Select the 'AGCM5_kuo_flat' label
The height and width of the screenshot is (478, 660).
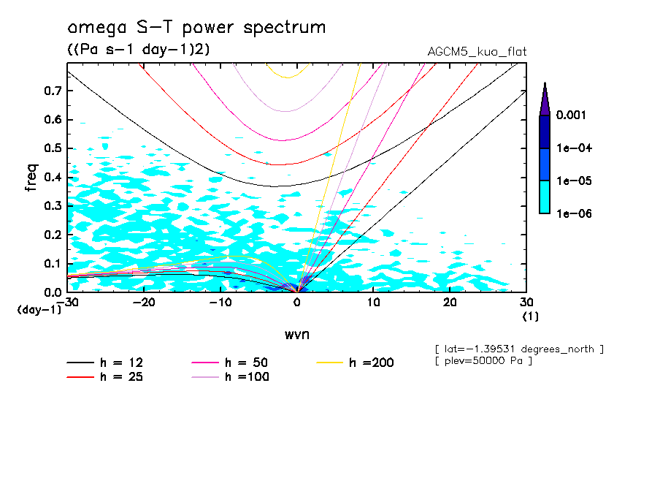click(477, 51)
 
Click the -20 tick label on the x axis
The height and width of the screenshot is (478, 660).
click(145, 303)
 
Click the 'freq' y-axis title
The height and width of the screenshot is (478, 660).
click(31, 178)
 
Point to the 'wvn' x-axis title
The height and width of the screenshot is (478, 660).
click(296, 334)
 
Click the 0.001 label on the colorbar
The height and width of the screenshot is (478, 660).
click(573, 115)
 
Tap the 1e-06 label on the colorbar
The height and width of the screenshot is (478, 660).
click(574, 213)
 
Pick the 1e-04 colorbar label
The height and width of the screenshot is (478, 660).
click(574, 148)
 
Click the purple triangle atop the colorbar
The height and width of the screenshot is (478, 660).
click(544, 99)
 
